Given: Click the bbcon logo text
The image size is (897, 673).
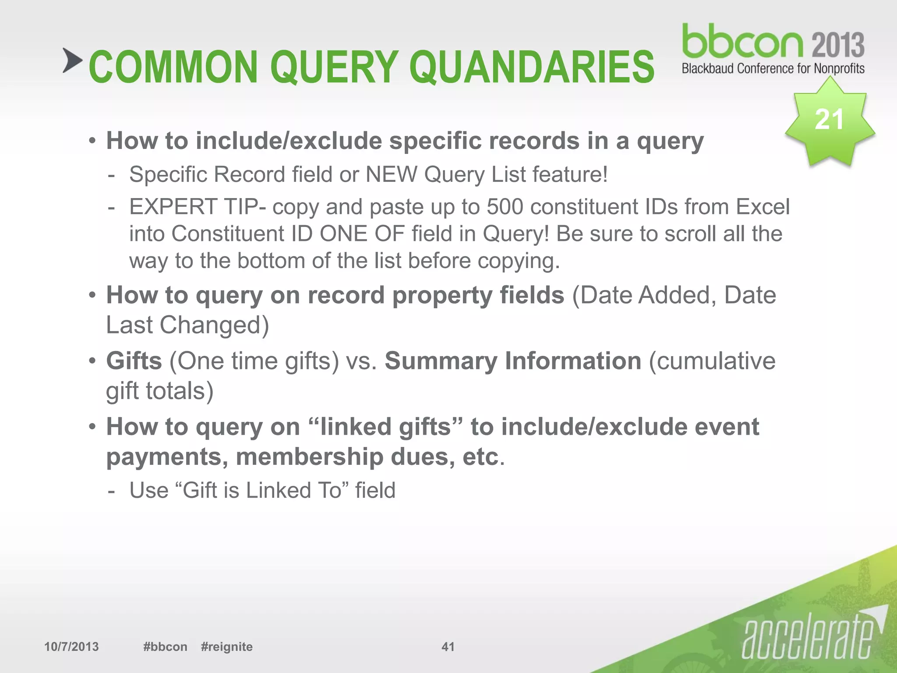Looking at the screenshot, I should [x=743, y=42].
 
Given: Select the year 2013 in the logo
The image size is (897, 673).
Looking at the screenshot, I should [x=838, y=45].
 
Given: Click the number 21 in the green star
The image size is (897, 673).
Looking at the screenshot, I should [x=829, y=119].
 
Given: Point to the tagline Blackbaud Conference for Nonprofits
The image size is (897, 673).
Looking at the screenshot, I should [x=773, y=69].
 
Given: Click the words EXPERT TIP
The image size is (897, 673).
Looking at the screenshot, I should [x=193, y=207].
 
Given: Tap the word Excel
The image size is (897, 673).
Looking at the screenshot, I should [x=763, y=207].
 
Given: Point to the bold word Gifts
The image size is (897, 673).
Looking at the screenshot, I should [x=134, y=361].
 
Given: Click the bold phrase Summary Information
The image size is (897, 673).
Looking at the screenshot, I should [x=513, y=361].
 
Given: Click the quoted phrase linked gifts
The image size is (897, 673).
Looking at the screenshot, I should [x=385, y=427].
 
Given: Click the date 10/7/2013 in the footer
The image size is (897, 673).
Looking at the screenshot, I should [x=71, y=647].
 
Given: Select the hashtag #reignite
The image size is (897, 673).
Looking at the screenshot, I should [x=226, y=647].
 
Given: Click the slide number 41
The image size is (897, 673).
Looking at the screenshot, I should [x=448, y=647].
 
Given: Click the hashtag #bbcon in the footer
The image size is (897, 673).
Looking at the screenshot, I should [x=165, y=647].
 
